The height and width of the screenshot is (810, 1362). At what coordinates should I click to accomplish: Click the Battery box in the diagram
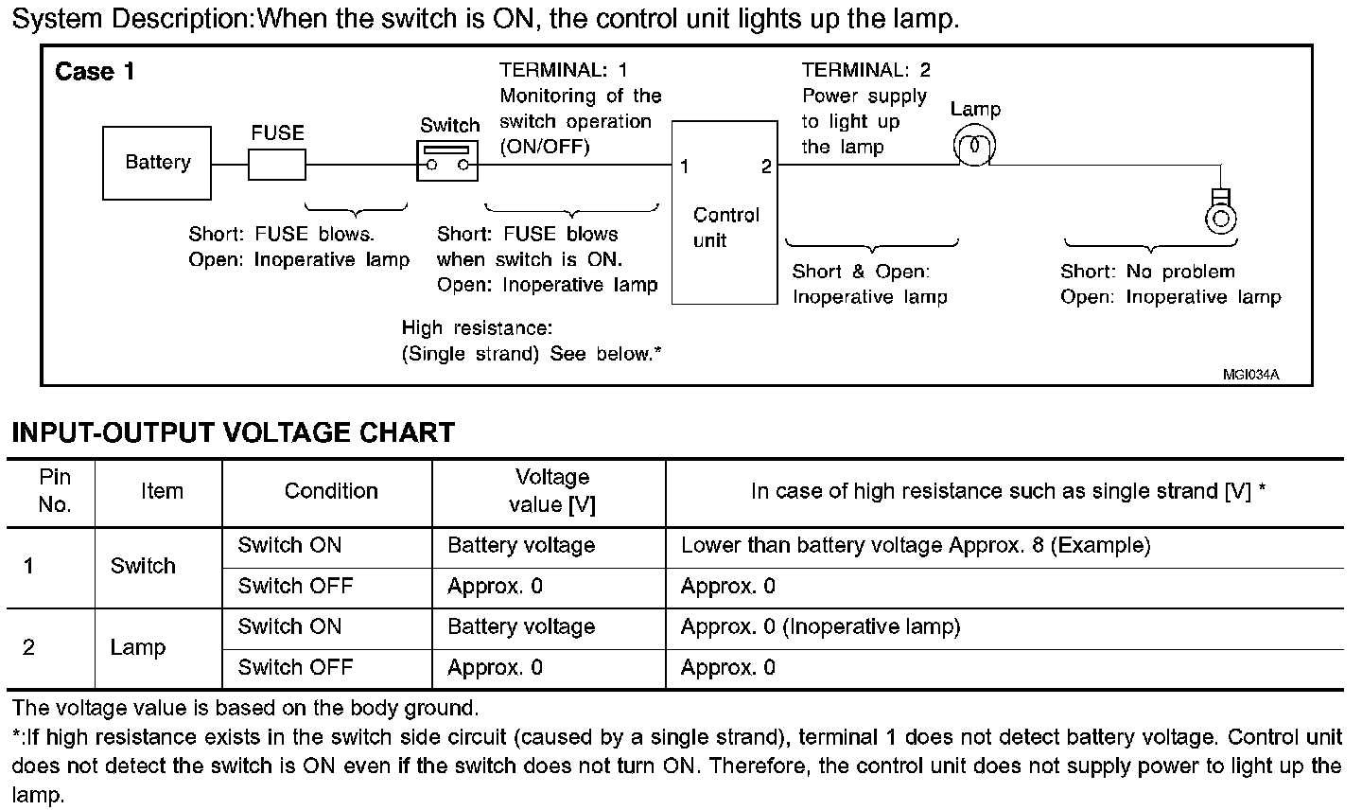pos(157,163)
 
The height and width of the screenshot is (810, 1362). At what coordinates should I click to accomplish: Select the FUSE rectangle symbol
pos(277,166)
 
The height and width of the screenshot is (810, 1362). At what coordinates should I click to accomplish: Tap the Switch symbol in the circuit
pos(448,161)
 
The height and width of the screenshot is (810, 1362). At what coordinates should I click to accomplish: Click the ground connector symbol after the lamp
pos(1221,212)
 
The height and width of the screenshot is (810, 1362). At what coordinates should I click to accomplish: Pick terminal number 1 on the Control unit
pos(684,167)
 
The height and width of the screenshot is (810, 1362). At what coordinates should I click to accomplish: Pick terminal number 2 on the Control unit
pos(765,167)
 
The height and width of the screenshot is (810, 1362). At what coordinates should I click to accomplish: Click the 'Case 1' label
pos(95,72)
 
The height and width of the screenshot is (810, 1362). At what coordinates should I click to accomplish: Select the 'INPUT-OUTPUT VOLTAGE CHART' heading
pos(233,433)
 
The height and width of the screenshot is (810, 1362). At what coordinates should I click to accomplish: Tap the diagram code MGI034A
pos(1250,374)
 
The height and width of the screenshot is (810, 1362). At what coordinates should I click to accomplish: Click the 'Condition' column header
pos(331,491)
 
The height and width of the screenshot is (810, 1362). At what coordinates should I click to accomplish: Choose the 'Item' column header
pos(162,491)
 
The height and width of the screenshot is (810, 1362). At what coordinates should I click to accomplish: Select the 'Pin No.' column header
pos(55,491)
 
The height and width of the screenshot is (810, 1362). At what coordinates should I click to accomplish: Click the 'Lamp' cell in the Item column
pos(138,647)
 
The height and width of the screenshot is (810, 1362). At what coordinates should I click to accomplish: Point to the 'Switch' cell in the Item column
pos(143,566)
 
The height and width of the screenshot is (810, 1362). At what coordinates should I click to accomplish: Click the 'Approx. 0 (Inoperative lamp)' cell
pos(820,626)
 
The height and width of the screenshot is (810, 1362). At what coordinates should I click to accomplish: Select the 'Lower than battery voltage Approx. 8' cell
pos(915,545)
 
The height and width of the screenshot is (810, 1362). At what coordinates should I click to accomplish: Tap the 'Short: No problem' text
pos(1147,272)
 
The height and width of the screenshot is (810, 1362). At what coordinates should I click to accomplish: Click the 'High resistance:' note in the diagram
pos(477,327)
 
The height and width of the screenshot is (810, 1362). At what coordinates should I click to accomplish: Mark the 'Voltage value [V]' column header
pos(551,491)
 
